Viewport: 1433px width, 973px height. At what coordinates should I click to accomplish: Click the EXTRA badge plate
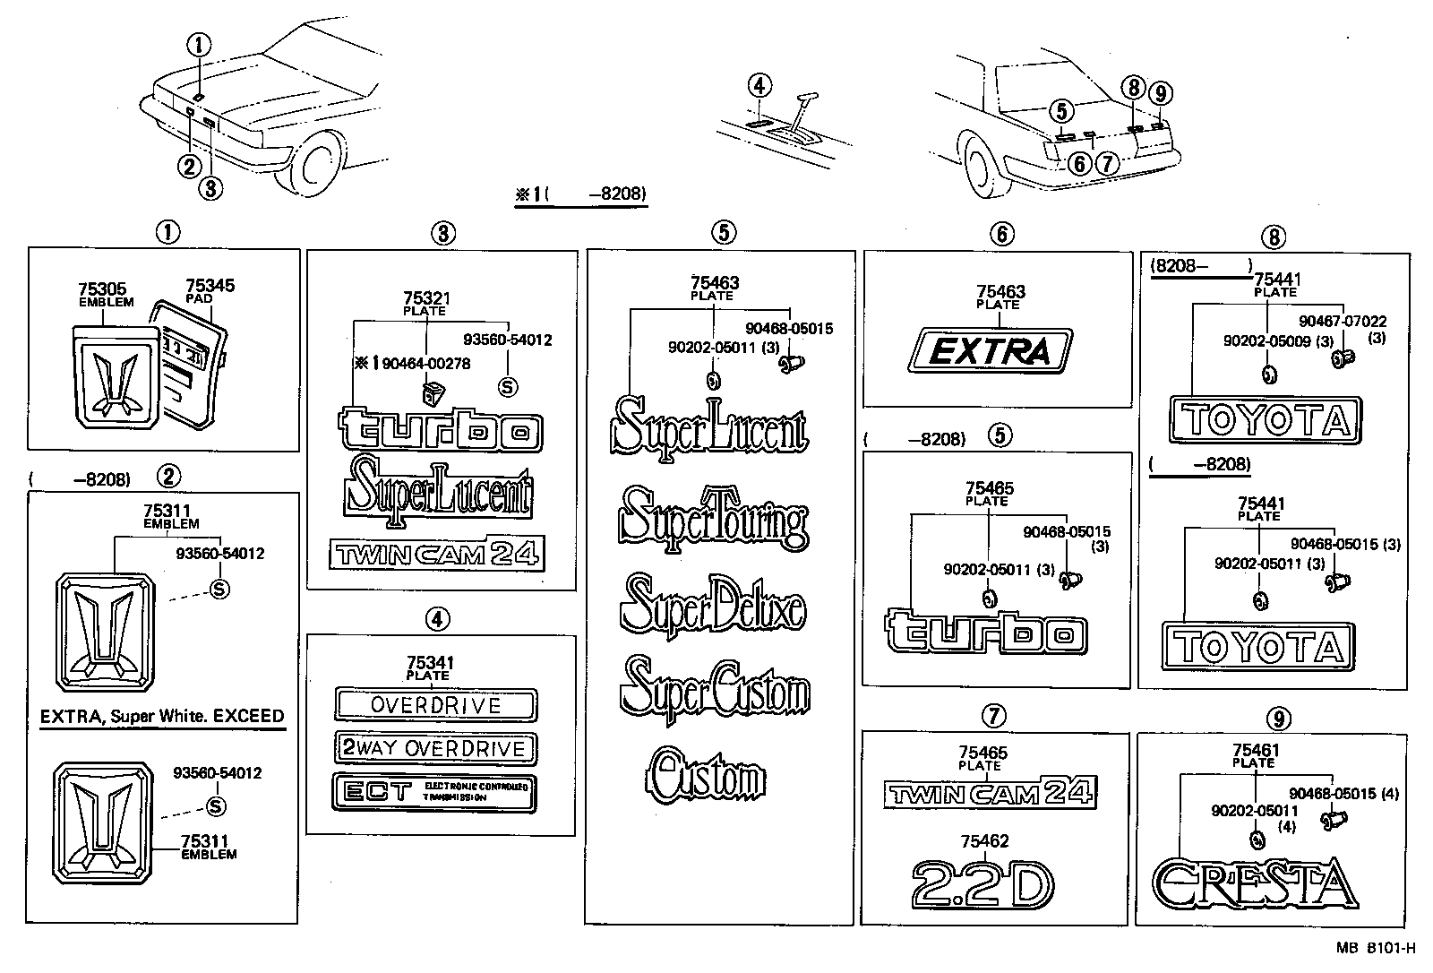pyautogui.click(x=990, y=350)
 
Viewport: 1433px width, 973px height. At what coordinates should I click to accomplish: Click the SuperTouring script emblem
pyautogui.click(x=713, y=520)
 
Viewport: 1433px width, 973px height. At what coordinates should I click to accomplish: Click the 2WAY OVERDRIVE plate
pyautogui.click(x=435, y=749)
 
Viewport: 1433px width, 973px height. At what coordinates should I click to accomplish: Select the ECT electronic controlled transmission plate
pyautogui.click(x=434, y=792)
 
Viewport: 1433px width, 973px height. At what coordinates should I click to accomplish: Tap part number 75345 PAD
pyautogui.click(x=210, y=286)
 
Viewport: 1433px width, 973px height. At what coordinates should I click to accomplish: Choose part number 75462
pyautogui.click(x=983, y=841)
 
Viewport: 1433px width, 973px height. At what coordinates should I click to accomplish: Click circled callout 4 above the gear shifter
pyautogui.click(x=759, y=86)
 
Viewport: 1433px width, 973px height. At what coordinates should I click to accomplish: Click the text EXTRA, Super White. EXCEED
pyautogui.click(x=162, y=717)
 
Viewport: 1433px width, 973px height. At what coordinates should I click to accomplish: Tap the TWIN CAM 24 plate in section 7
pyautogui.click(x=989, y=793)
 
